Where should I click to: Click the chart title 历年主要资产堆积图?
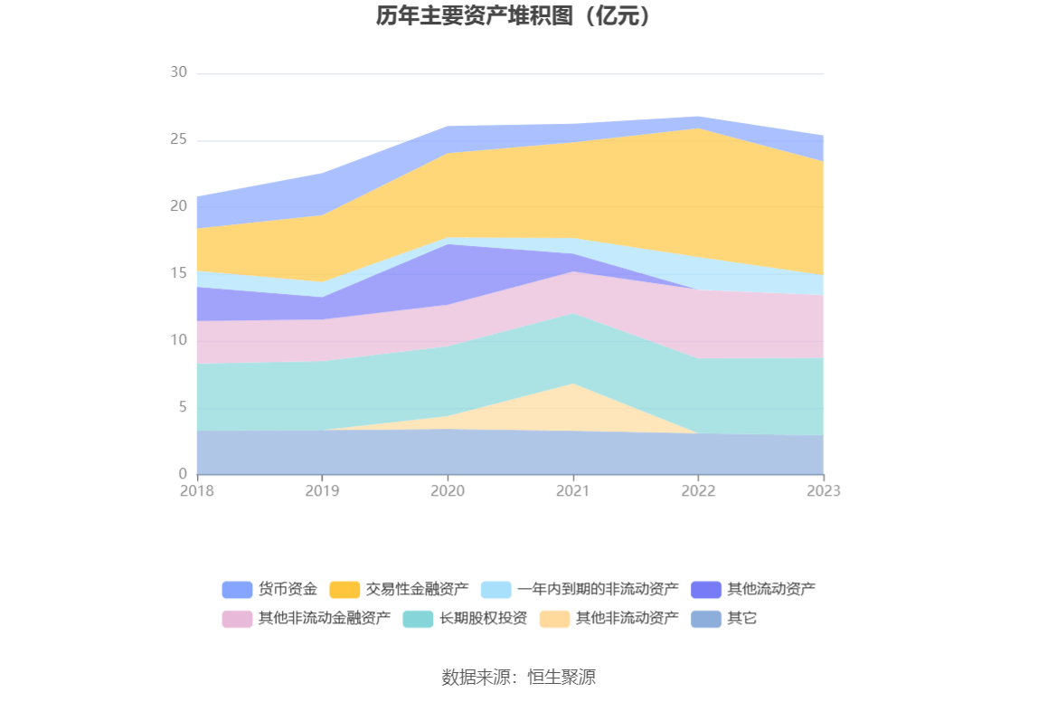point(514,16)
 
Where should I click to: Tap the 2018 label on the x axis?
point(196,490)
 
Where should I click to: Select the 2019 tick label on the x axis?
point(322,490)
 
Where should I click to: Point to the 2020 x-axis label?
point(448,490)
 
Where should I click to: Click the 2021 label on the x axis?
point(572,490)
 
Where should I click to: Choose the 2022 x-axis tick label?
point(698,490)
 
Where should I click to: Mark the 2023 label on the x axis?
point(823,490)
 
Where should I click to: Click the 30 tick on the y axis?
point(178,72)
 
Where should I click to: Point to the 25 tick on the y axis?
point(178,139)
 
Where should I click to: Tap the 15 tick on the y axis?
point(178,273)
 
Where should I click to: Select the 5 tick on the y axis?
point(182,407)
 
